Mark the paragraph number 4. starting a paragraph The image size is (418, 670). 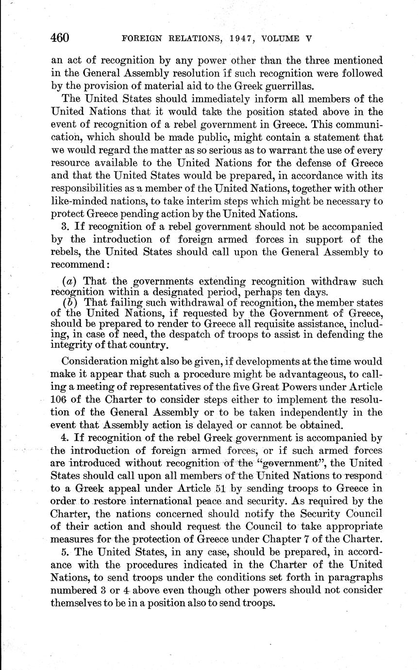click(x=66, y=438)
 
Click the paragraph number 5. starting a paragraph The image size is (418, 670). click(x=66, y=553)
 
